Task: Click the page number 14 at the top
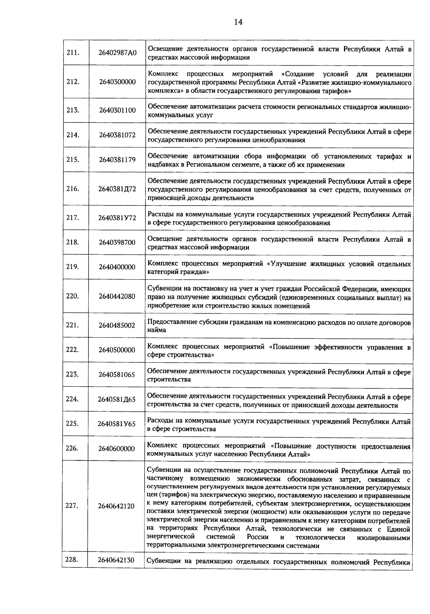coord(238,22)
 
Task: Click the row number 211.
coord(73,53)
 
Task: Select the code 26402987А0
coord(118,53)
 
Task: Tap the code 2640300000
coord(118,82)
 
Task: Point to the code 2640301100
coord(118,110)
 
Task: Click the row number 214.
coord(73,135)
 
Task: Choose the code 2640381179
coord(118,160)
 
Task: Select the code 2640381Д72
coord(118,189)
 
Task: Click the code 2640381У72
coord(118,218)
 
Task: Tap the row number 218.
coord(73,242)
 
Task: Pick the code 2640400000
coord(118,267)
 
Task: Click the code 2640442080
coord(118,296)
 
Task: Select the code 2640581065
coord(118,375)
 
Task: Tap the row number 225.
coord(73,424)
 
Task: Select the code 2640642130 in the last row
coord(117,560)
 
